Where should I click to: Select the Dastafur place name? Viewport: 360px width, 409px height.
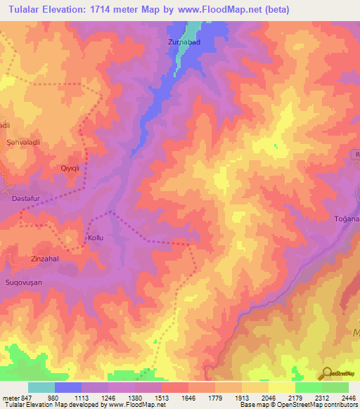[x=30, y=199]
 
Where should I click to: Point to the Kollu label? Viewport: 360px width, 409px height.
[x=95, y=238]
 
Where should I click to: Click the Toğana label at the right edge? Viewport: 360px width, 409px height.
[x=347, y=220]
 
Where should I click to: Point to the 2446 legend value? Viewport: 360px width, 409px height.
[x=349, y=396]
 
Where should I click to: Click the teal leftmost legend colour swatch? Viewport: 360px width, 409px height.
[x=41, y=387]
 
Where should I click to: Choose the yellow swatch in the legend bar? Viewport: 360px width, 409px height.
[x=281, y=387]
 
